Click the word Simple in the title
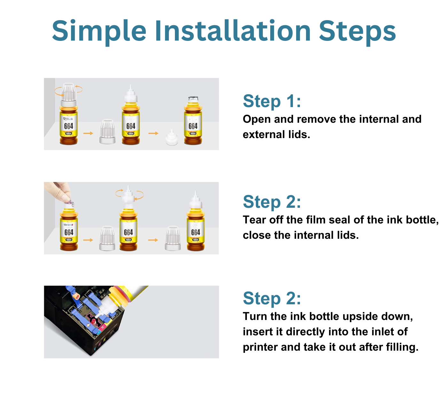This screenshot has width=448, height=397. (x=99, y=31)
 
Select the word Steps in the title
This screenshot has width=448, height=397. (x=357, y=31)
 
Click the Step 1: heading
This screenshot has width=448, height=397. (x=272, y=101)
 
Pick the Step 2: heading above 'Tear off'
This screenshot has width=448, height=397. (x=272, y=202)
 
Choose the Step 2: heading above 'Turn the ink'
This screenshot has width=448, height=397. (x=272, y=299)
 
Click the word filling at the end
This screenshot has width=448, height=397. (x=401, y=347)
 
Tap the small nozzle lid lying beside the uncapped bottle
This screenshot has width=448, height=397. (x=172, y=138)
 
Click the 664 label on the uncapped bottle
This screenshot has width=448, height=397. (x=193, y=126)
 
